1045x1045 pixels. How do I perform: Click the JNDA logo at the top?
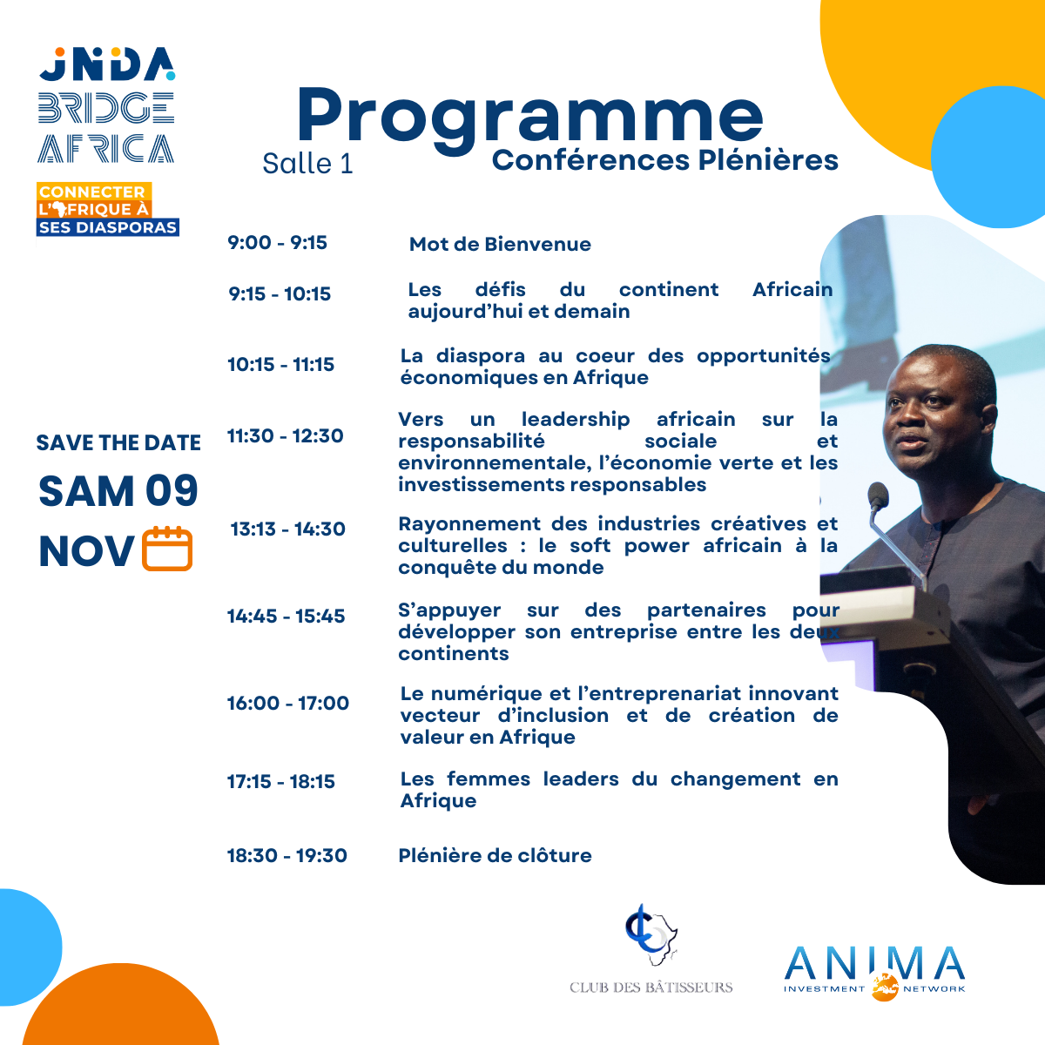click(x=107, y=64)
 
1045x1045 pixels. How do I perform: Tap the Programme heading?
click(x=529, y=119)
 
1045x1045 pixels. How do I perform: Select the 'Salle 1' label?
click(x=307, y=164)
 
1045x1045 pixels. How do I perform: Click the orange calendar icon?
click(x=167, y=549)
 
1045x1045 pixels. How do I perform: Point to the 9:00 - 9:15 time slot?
click(x=277, y=242)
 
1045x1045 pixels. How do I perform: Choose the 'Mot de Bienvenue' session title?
click(x=500, y=244)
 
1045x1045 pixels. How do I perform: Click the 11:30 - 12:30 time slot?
click(x=286, y=435)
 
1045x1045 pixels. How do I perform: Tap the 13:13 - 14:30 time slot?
click(x=288, y=529)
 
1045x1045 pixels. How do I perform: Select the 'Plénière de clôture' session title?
click(x=496, y=855)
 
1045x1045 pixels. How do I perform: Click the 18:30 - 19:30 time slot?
click(x=287, y=855)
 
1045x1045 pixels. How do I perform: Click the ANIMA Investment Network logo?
click(x=874, y=973)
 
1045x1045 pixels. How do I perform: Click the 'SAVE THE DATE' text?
click(x=118, y=443)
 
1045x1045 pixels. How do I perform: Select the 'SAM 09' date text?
click(x=118, y=491)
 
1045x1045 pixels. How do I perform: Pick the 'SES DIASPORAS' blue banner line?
click(x=108, y=227)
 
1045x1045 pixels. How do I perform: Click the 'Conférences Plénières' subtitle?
click(x=664, y=160)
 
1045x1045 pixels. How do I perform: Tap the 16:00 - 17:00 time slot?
click(x=288, y=703)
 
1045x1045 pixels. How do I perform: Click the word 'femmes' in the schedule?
click(x=488, y=779)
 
